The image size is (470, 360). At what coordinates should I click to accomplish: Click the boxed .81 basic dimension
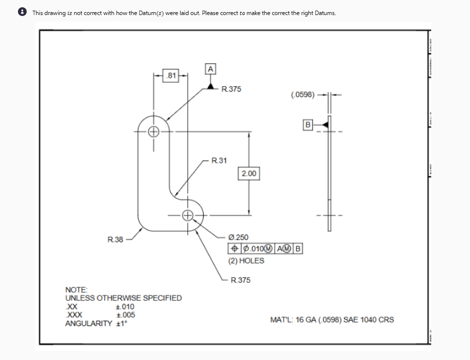[171, 75]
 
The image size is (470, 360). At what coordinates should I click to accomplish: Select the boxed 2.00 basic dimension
[249, 173]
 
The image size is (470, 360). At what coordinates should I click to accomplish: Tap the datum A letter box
[210, 69]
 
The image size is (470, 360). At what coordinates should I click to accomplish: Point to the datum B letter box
[308, 125]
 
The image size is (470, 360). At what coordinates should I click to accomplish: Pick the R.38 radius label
[115, 239]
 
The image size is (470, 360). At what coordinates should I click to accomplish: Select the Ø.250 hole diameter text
[238, 237]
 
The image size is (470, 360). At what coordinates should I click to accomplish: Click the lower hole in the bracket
[188, 215]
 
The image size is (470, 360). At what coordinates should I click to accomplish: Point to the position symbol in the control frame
[234, 249]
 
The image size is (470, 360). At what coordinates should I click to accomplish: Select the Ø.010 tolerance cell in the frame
[257, 249]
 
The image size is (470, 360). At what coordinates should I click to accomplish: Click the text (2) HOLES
[246, 261]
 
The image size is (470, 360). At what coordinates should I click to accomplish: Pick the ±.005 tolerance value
[126, 315]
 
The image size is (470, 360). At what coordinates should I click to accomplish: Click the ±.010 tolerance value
[126, 307]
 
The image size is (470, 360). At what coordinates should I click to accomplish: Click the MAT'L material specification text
[332, 320]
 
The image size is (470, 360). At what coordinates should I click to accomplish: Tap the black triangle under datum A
[211, 85]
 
